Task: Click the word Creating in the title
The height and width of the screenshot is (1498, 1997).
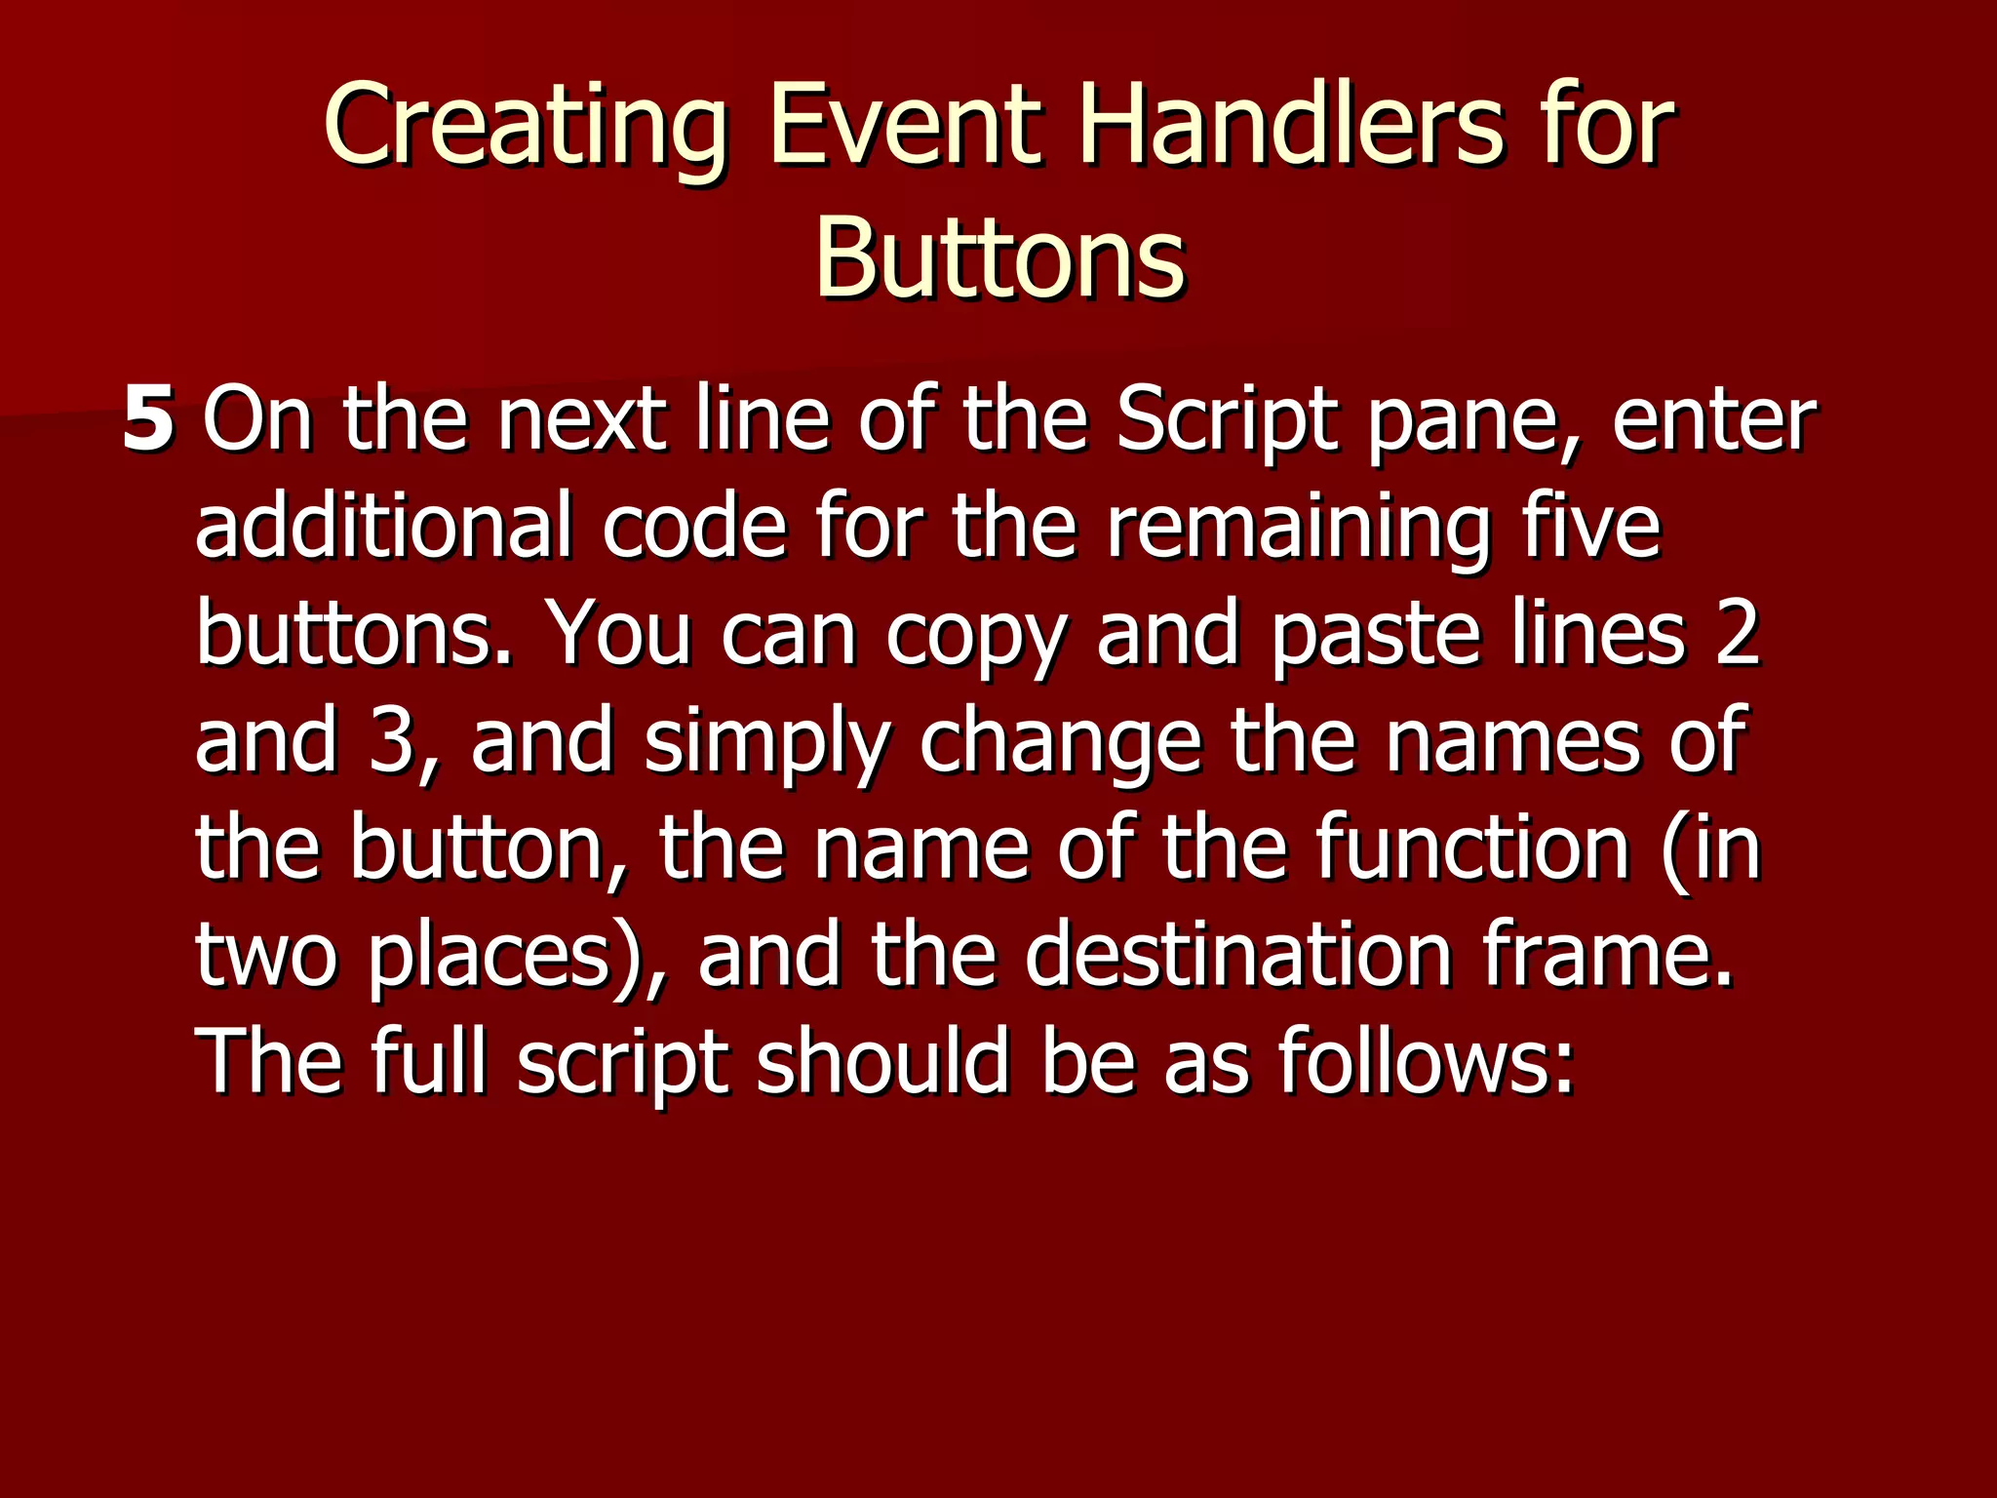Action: (x=525, y=126)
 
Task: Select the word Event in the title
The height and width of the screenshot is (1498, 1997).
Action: (x=903, y=126)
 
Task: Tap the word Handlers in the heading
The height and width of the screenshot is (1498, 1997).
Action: (x=1290, y=126)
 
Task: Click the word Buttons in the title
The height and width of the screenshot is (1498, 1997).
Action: (x=999, y=257)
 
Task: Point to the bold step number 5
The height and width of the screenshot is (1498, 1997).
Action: (x=148, y=419)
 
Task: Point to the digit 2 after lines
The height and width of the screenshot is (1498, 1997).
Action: (x=1737, y=634)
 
